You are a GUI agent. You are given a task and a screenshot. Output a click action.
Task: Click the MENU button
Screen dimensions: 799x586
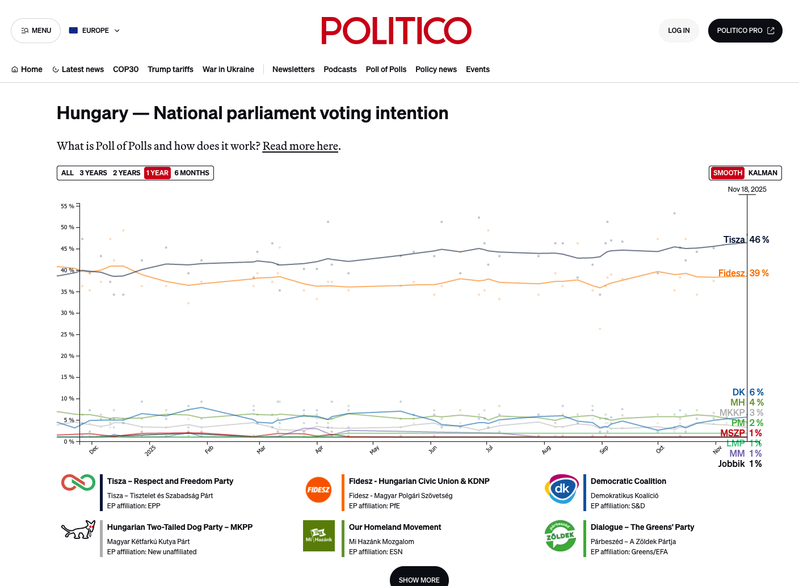[36, 31]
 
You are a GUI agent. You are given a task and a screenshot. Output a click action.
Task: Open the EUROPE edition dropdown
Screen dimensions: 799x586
[95, 31]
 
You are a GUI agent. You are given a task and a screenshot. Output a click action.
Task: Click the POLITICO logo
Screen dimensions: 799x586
[396, 31]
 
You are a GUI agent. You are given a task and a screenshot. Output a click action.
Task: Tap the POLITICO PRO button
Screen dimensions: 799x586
[745, 31]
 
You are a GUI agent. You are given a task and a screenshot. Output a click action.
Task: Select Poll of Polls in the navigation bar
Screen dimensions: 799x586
[386, 70]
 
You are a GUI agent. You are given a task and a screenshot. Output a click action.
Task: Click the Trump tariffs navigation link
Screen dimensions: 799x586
[170, 70]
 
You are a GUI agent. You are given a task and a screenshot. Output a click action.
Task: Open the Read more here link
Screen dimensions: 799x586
[300, 146]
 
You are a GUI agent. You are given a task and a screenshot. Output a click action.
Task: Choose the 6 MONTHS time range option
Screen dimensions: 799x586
[192, 173]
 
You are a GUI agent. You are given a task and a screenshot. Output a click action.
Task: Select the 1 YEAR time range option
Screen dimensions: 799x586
[157, 173]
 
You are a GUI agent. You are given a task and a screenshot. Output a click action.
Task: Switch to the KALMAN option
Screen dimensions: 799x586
[763, 173]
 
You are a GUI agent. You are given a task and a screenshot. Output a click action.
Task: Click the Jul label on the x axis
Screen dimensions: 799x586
[489, 449]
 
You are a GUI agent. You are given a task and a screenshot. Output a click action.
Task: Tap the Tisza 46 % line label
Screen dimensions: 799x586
[746, 240]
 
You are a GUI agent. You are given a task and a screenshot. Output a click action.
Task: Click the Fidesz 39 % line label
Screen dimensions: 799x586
[743, 273]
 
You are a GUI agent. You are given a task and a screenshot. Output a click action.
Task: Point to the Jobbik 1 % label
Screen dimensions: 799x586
[740, 463]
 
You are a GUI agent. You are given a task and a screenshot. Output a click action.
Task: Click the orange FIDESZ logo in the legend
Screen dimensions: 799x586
[318, 490]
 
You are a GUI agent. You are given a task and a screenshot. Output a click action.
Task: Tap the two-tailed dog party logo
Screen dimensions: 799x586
[78, 530]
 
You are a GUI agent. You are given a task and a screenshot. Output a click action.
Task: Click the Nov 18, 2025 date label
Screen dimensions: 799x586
[747, 189]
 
